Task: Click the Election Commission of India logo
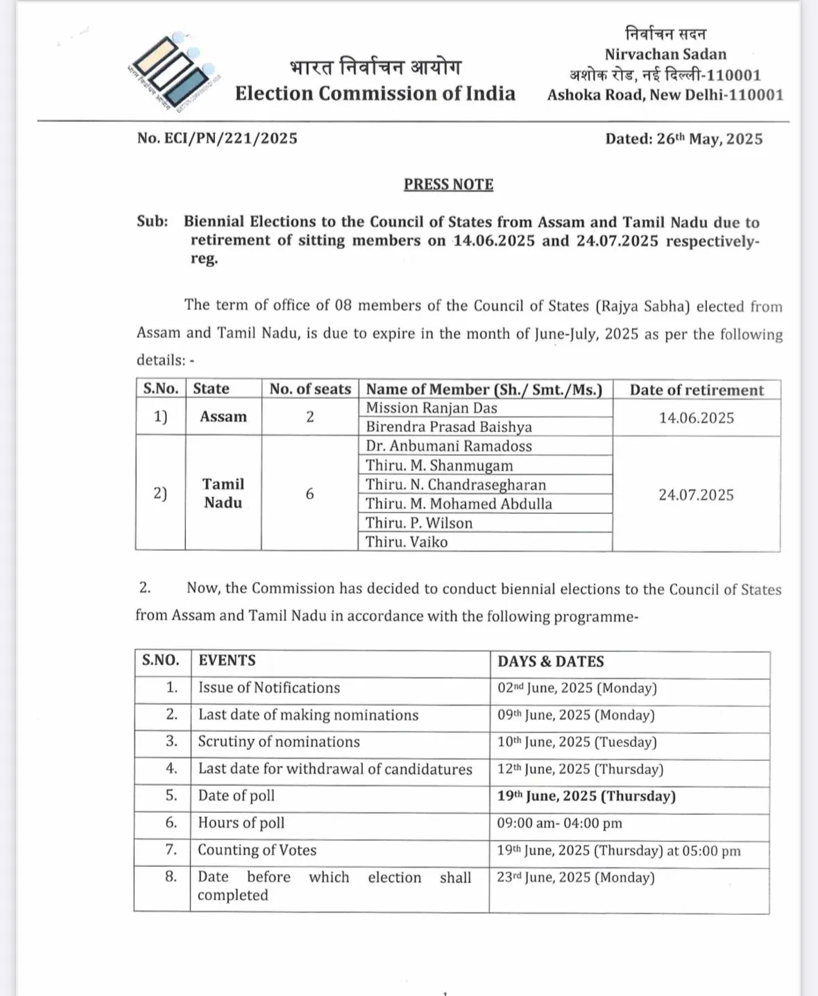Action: [174, 71]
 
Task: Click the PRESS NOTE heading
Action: [449, 184]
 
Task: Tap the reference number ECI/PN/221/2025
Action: [217, 138]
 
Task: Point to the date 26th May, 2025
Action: [709, 139]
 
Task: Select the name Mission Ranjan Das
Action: [432, 408]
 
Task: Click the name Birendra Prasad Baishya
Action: [449, 427]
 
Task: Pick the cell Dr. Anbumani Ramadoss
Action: [449, 446]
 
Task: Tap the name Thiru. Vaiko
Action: [407, 542]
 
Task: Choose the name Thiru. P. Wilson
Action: [419, 523]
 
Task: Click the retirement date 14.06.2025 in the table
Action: [697, 418]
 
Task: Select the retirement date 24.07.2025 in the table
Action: [697, 495]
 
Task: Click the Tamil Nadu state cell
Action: [223, 493]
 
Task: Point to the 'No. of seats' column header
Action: [310, 389]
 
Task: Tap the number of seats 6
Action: [309, 494]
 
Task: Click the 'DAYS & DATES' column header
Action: [551, 662]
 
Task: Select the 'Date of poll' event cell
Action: [237, 796]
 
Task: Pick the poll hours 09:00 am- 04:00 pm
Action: [559, 823]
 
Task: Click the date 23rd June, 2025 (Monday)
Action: [576, 877]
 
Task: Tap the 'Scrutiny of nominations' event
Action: [279, 741]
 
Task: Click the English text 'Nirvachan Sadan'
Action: [665, 54]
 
